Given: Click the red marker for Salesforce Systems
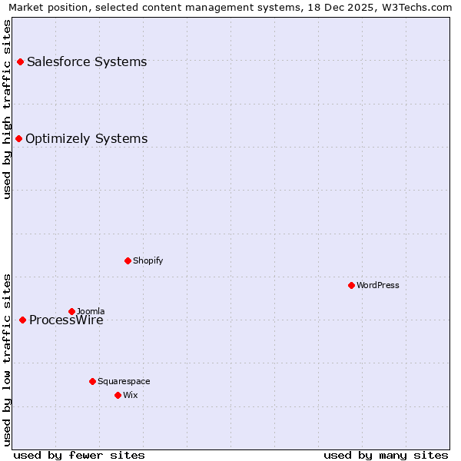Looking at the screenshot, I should click(20, 61).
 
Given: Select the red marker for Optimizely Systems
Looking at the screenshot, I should click(19, 138).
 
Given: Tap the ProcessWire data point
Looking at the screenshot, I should click(22, 320).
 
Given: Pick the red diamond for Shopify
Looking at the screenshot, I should click(128, 260).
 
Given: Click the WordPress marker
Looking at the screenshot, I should click(351, 285).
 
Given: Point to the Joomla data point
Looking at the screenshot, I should click(71, 311).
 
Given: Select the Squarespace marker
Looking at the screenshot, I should click(92, 381).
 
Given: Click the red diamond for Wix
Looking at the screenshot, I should click(118, 395).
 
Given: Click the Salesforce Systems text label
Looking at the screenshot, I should click(87, 61).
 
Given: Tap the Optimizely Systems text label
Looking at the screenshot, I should click(86, 138).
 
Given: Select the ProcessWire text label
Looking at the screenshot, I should click(66, 320).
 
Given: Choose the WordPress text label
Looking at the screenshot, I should click(378, 285).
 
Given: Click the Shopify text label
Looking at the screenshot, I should click(148, 260).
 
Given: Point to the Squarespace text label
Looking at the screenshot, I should click(124, 381).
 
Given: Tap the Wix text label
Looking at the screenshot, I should click(131, 395).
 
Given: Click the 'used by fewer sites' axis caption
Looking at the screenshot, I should click(79, 455).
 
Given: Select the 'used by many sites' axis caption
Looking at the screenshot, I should click(386, 455).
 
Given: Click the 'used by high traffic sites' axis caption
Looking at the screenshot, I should click(8, 109).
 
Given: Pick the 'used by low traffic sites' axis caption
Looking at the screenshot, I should click(8, 359).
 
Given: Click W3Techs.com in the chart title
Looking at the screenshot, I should click(415, 8).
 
